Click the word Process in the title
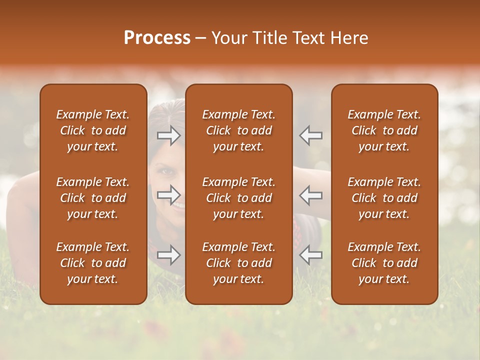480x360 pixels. point(157,38)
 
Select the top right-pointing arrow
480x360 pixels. point(168,135)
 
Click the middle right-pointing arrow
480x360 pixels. point(168,194)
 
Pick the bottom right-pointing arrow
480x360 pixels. point(168,255)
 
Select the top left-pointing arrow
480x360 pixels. point(310,135)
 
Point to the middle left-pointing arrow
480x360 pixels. point(310,194)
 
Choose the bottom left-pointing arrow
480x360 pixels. point(310,255)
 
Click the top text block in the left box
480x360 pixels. point(93,130)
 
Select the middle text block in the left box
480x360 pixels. point(93,198)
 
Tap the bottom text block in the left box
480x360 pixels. point(93,263)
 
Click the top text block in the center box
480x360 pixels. point(238,130)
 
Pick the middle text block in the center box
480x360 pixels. point(238,198)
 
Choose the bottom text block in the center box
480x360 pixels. point(238,263)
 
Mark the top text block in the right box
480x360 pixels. point(384,130)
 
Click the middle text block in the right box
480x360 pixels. point(384,198)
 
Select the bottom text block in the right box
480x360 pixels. point(384,263)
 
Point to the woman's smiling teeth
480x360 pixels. point(177,203)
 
